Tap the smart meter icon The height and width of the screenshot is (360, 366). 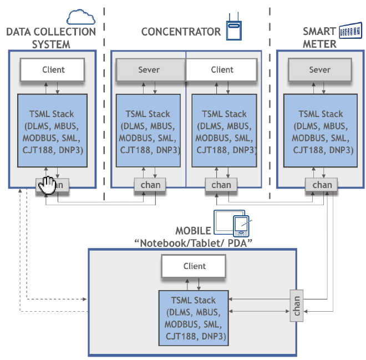coord(349,31)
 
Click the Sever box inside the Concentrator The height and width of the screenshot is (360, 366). coord(149,70)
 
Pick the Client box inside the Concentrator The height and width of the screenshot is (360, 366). coord(222,70)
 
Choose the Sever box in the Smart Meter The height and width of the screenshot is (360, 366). coord(319,70)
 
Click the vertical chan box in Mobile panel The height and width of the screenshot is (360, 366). coord(297,306)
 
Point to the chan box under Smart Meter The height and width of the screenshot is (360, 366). coord(322,185)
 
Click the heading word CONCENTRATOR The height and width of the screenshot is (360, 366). coord(181,32)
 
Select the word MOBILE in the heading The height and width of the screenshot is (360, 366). coord(193,231)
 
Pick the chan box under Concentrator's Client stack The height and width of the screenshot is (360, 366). coord(221,185)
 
